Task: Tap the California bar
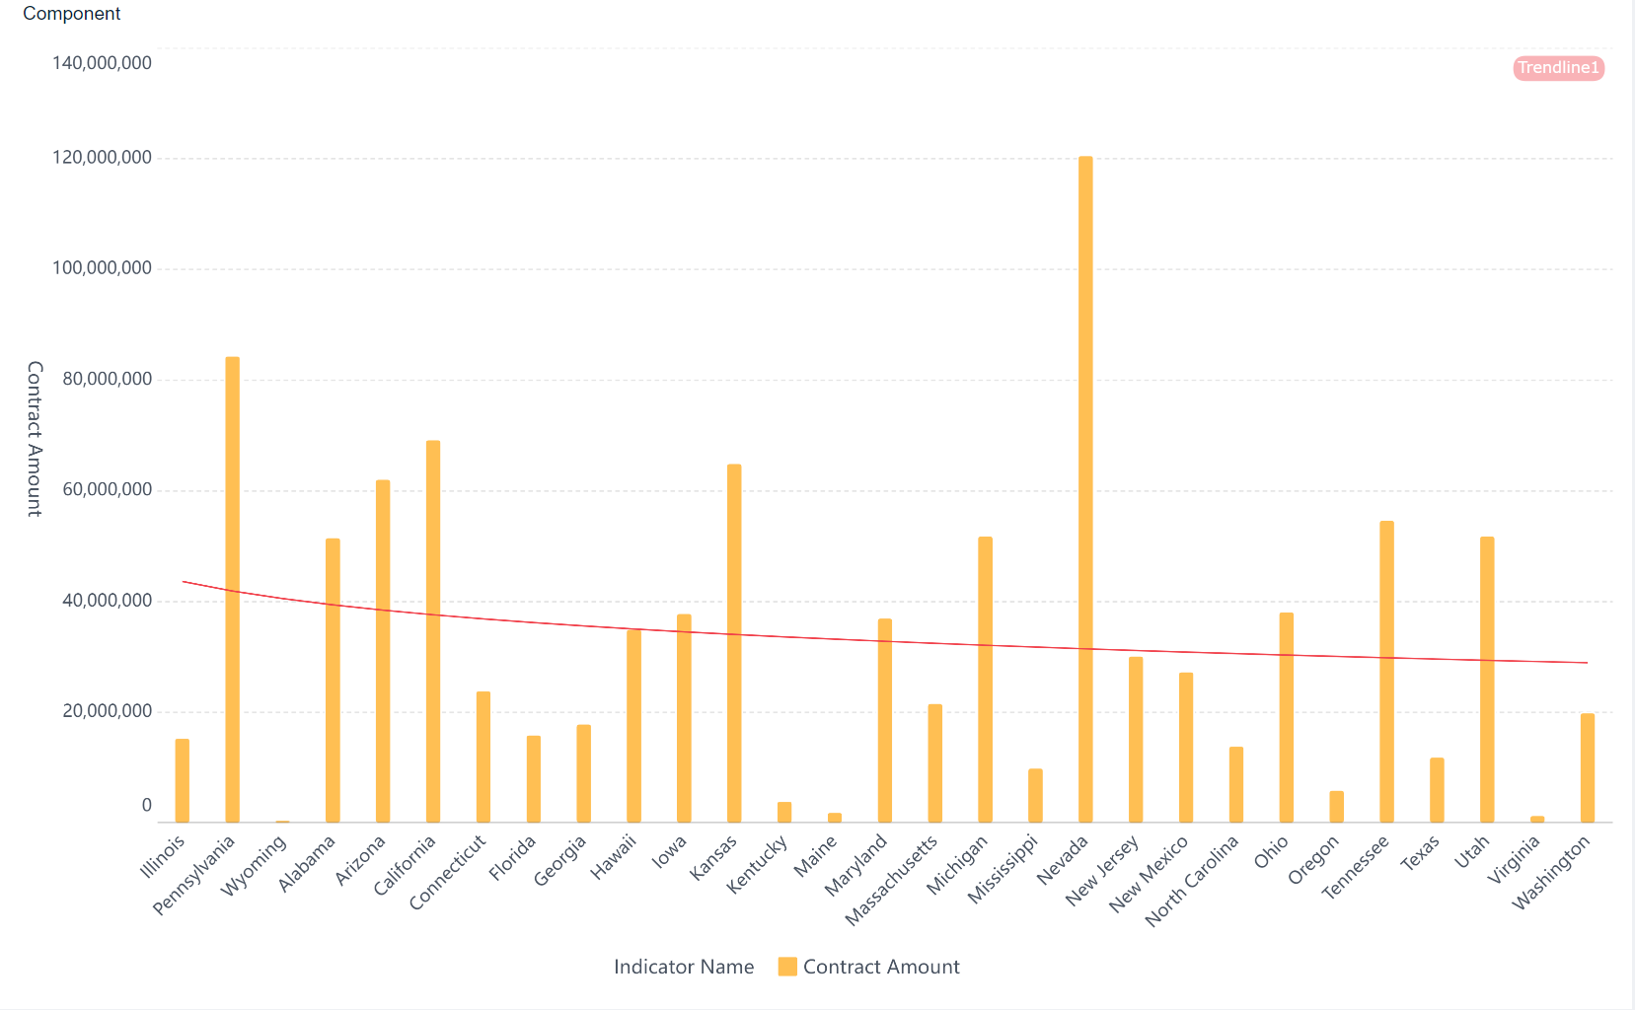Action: (x=433, y=631)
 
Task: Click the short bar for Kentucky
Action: (x=784, y=812)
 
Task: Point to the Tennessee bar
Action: (x=1386, y=671)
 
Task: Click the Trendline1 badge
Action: (x=1558, y=68)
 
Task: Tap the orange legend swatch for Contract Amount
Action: (x=787, y=967)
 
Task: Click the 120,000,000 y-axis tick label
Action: (x=102, y=158)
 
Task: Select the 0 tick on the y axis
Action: (x=146, y=806)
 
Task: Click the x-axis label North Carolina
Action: (x=1192, y=881)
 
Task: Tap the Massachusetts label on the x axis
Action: (x=892, y=881)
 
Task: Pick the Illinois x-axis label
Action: (x=164, y=857)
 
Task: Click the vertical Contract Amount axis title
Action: (x=35, y=439)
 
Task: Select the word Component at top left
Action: (x=71, y=14)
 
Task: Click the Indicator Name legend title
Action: (x=684, y=967)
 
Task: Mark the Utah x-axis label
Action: (x=1472, y=851)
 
